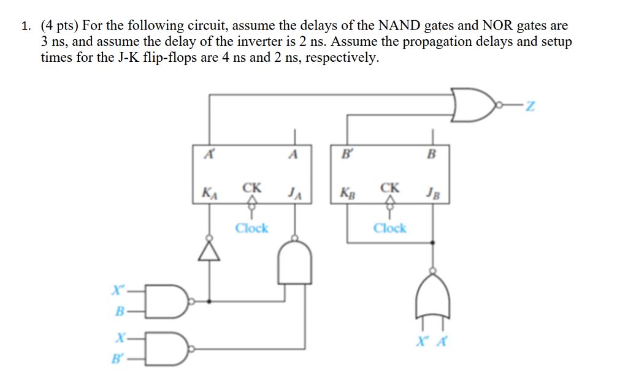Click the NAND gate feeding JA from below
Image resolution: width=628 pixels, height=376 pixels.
click(x=295, y=262)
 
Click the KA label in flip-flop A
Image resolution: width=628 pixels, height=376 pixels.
click(x=209, y=195)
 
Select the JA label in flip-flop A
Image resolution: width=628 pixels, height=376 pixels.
click(x=294, y=195)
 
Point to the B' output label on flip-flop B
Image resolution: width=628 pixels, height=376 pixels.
click(x=347, y=154)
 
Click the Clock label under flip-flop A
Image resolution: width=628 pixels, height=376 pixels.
click(x=251, y=228)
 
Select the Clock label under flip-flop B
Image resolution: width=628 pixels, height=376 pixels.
click(x=390, y=228)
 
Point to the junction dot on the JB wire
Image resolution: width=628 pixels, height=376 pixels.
click(x=434, y=243)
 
